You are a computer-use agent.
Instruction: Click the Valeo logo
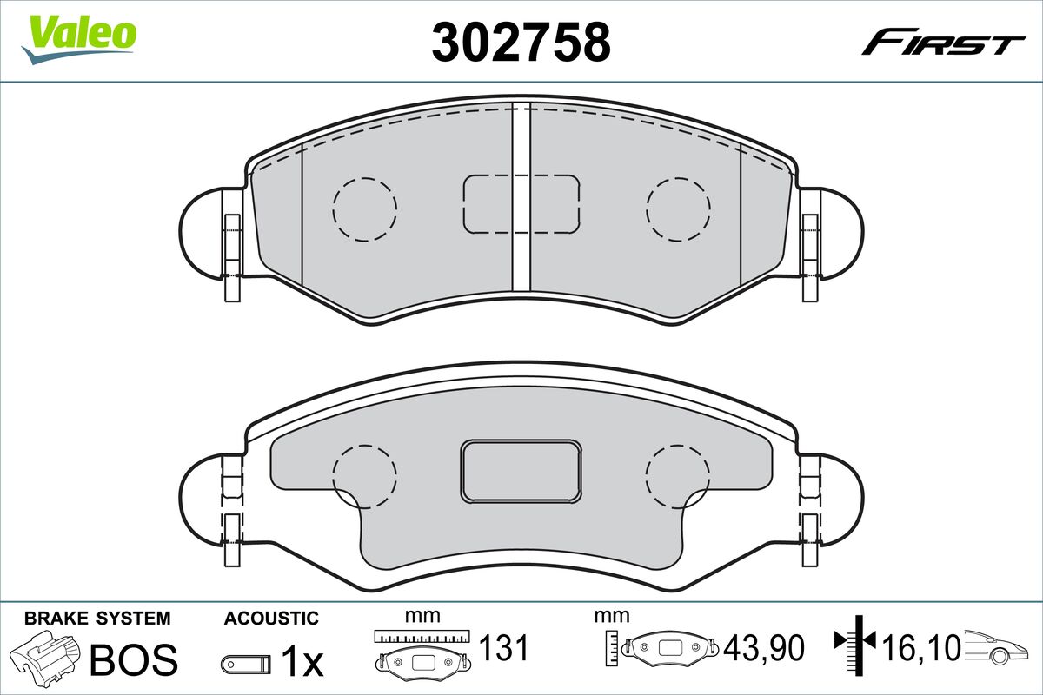click(79, 39)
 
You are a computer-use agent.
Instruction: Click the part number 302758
click(521, 42)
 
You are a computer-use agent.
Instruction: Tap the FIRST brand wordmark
click(943, 48)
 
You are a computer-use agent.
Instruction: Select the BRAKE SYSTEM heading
click(97, 619)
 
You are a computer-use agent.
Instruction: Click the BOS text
click(134, 659)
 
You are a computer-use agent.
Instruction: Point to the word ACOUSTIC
click(271, 619)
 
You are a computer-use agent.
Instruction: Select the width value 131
click(504, 648)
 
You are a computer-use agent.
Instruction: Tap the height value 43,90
click(764, 648)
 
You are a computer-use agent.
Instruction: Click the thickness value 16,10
click(921, 648)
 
